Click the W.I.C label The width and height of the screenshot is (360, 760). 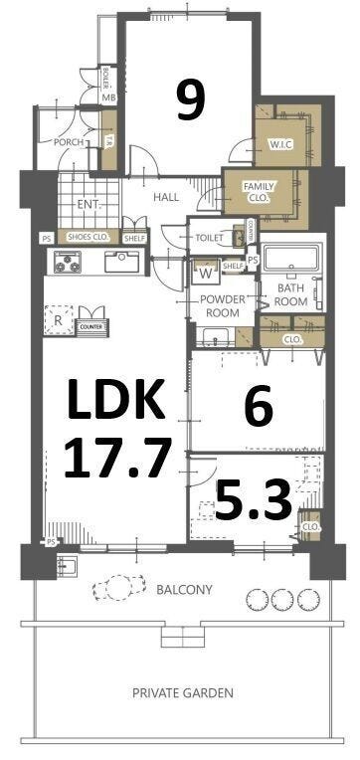coord(280,144)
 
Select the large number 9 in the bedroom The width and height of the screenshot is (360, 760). coord(191,99)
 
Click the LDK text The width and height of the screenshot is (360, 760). coord(114,403)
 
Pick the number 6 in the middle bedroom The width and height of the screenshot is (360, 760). coord(258,408)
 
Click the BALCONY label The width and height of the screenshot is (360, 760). coord(184,590)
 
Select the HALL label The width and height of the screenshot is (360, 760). coord(166,197)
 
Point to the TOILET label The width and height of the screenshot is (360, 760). coord(209,238)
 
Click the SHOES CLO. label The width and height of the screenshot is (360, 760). coord(89,237)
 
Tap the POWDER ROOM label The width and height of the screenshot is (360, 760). coord(221,305)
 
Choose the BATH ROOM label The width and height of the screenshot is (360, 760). coord(290,294)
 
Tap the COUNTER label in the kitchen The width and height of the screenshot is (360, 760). coord(91,325)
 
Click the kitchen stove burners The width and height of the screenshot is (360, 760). coord(69,264)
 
